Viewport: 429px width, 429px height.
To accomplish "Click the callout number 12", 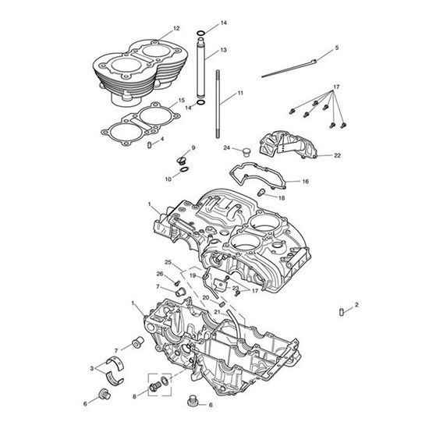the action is point(176,28).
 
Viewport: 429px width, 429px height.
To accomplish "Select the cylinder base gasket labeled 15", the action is point(140,124).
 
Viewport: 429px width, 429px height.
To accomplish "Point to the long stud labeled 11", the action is point(218,104).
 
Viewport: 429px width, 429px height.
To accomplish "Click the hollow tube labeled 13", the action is point(200,67).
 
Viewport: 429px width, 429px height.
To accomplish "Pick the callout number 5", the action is point(336,48).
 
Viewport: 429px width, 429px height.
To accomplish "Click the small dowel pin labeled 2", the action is point(341,312).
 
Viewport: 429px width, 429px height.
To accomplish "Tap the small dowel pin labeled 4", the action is point(150,144).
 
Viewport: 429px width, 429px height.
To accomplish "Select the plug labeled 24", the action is point(246,152).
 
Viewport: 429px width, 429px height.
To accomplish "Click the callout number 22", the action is point(337,155).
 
